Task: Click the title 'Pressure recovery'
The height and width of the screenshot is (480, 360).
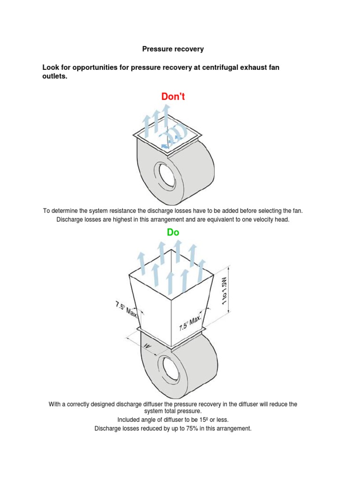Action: click(x=173, y=49)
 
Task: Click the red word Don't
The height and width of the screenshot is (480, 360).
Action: click(x=173, y=97)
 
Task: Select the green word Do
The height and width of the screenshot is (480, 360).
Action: click(x=172, y=232)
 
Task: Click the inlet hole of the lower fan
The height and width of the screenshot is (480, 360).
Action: click(x=166, y=368)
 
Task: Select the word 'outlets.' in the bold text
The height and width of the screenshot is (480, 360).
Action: click(x=55, y=76)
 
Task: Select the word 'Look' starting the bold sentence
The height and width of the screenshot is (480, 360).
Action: click(x=51, y=67)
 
